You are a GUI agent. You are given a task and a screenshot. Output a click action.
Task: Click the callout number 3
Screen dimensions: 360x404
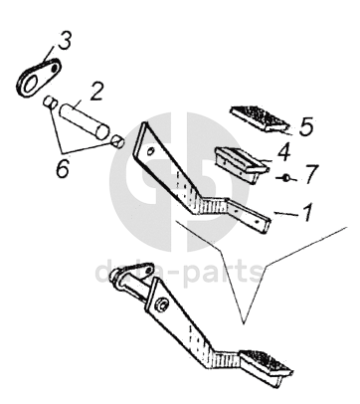coord(64,41)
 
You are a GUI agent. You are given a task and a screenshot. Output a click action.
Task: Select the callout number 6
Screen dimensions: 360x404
coord(63,168)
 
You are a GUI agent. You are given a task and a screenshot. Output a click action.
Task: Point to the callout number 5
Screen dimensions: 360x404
coord(306,126)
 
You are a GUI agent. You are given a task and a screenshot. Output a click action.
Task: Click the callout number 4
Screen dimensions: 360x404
coord(283,151)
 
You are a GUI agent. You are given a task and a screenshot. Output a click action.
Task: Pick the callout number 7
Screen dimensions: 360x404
coord(311,174)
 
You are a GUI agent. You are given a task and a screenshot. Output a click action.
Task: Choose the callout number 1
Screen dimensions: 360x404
coord(307,212)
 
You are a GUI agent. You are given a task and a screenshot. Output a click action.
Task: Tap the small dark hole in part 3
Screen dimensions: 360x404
coord(54,69)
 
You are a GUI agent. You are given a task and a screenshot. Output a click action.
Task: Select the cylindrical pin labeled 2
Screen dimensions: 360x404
coord(85,121)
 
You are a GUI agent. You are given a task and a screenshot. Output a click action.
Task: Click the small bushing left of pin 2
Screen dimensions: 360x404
coord(50,101)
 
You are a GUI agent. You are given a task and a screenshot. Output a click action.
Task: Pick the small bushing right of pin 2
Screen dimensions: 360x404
coord(117,141)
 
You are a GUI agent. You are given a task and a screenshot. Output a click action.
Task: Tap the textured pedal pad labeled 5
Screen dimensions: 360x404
coord(260,119)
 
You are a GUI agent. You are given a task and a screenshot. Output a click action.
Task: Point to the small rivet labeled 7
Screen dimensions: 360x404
coord(286,178)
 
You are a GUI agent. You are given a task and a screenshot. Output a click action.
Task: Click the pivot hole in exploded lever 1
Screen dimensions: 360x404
coord(150,151)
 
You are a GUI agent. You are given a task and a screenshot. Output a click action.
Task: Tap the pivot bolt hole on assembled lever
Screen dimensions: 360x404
coord(162,305)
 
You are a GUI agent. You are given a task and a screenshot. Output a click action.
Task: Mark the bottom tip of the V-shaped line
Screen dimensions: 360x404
coord(244,323)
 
